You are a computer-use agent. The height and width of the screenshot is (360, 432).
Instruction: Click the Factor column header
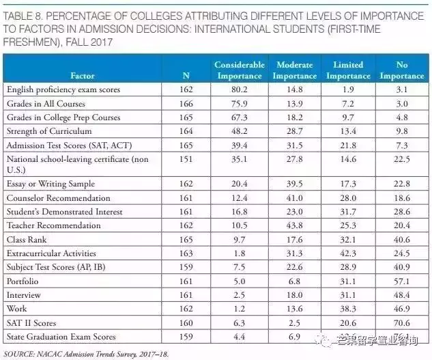(82, 76)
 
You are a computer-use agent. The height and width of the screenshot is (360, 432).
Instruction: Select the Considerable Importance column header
(239, 70)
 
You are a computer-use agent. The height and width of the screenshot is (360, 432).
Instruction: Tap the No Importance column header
(401, 70)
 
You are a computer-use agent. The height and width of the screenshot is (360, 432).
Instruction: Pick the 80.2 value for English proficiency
(239, 89)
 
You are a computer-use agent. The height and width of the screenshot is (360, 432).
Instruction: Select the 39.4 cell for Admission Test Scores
(239, 144)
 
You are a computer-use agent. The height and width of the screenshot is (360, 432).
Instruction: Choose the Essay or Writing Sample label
(50, 184)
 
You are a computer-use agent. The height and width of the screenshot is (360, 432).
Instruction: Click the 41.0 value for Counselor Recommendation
(294, 198)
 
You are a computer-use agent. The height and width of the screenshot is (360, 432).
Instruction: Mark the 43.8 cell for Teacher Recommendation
(294, 225)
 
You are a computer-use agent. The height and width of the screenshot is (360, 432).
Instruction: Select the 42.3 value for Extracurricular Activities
(347, 253)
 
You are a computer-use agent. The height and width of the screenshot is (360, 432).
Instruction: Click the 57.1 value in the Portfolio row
(401, 281)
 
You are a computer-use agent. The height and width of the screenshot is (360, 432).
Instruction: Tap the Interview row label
(24, 294)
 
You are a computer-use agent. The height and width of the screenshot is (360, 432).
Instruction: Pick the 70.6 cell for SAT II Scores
(401, 322)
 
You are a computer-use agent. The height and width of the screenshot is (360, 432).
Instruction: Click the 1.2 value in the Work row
(239, 309)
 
